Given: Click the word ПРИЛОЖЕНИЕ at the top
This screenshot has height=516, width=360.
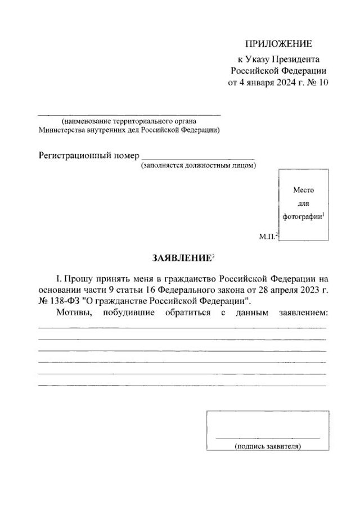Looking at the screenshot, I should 278,44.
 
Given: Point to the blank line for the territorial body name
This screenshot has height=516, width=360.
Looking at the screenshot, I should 129,115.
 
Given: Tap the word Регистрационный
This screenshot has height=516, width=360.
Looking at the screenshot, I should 74,155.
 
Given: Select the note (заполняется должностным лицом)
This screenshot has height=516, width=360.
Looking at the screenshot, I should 199,166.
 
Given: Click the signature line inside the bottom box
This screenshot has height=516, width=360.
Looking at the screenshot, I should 267,437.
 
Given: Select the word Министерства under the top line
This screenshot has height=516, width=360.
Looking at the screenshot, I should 62,129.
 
